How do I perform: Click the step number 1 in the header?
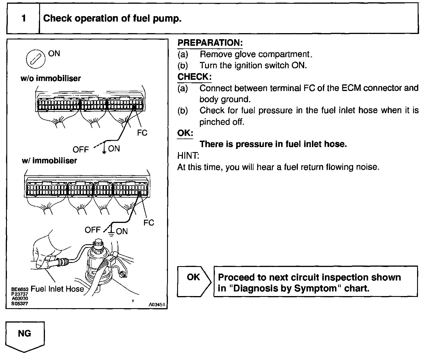(24, 18)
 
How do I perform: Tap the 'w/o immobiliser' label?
(51, 78)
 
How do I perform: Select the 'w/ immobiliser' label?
(50, 160)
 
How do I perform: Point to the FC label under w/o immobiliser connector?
(142, 133)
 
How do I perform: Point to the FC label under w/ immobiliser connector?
(149, 223)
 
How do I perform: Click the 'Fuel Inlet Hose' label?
(57, 289)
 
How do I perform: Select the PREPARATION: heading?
(210, 43)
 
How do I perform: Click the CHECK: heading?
(194, 77)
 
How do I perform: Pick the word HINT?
(188, 156)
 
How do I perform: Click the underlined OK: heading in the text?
(185, 133)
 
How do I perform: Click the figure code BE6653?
(20, 289)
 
